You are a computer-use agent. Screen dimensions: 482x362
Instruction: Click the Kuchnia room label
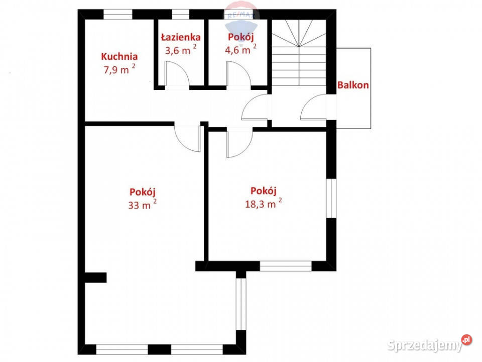click(x=119, y=57)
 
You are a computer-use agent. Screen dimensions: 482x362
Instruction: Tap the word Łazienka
click(x=181, y=37)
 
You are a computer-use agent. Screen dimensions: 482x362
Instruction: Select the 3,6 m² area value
click(x=181, y=50)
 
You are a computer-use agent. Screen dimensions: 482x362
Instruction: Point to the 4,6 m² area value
click(x=240, y=49)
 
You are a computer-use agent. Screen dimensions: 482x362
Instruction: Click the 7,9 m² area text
click(x=119, y=69)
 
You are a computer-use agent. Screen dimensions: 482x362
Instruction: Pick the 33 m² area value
click(x=142, y=205)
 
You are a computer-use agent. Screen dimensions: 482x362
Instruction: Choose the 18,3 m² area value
click(x=264, y=203)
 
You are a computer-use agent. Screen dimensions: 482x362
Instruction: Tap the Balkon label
click(x=353, y=85)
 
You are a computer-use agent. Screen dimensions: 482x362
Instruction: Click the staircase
click(x=299, y=53)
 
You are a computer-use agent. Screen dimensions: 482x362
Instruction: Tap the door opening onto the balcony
click(x=313, y=107)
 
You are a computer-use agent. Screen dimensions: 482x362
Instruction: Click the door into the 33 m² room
click(x=187, y=139)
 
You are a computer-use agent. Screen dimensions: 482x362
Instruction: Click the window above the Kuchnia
click(x=117, y=15)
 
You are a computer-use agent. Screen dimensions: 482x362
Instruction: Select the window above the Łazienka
click(x=180, y=15)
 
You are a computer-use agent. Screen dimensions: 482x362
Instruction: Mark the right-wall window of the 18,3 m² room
click(x=331, y=198)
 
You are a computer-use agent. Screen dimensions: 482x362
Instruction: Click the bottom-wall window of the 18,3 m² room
click(x=286, y=266)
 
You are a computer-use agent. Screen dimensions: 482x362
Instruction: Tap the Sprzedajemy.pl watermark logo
click(x=429, y=344)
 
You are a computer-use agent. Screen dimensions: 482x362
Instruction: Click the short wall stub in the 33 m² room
click(x=95, y=278)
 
